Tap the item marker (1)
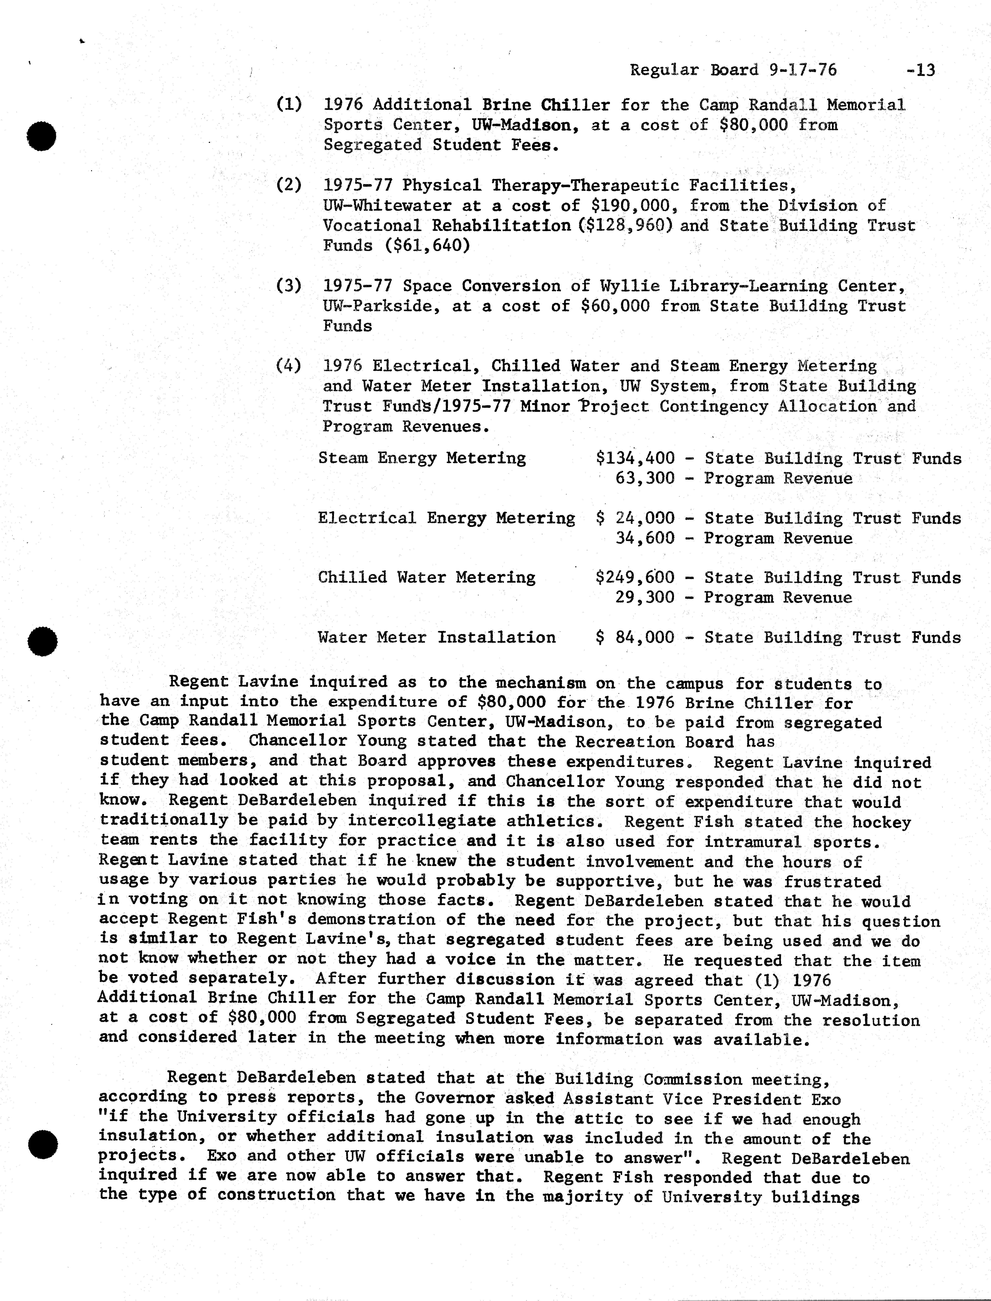click(x=289, y=105)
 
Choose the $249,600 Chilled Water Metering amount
click(x=635, y=578)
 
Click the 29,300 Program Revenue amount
click(x=645, y=598)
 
